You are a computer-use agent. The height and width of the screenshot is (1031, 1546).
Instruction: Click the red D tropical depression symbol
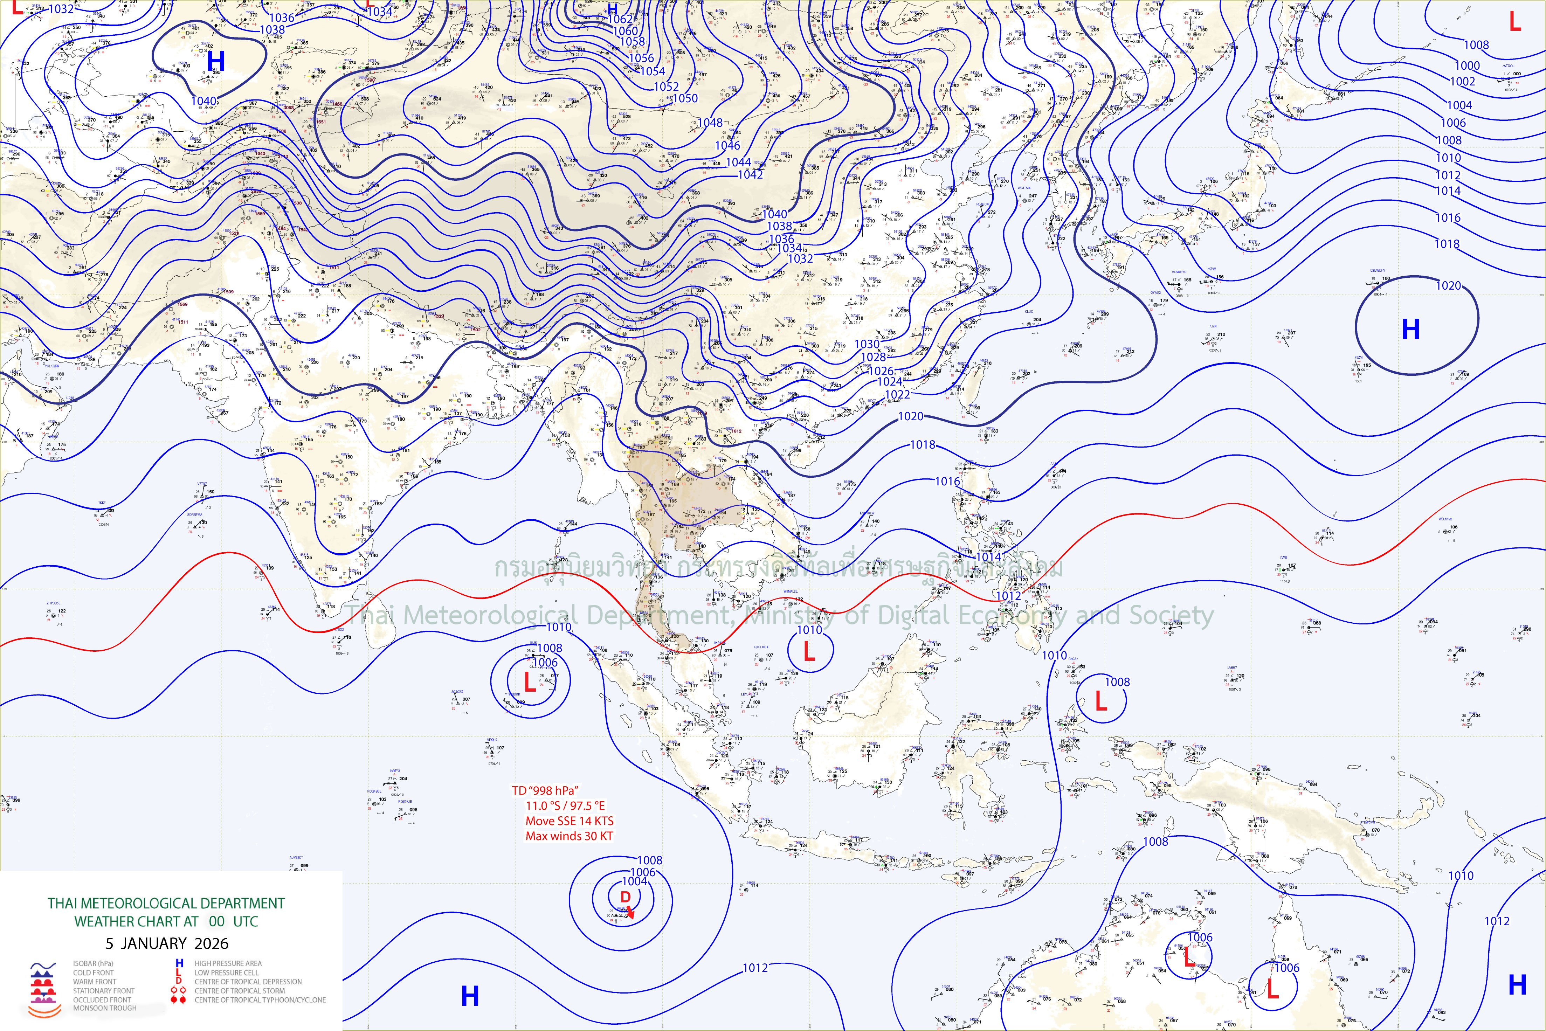coord(626,897)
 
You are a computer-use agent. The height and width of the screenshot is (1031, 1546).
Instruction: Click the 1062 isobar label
coord(620,19)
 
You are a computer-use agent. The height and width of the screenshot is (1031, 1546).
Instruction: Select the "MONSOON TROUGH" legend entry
coord(105,1008)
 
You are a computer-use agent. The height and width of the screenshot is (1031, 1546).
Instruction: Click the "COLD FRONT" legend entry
coord(94,973)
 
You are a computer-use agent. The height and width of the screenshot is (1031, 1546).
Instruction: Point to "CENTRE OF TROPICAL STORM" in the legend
coord(239,991)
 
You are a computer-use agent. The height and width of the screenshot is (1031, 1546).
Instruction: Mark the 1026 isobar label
coord(881,371)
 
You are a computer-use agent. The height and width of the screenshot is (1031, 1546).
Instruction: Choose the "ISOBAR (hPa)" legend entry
coord(93,963)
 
